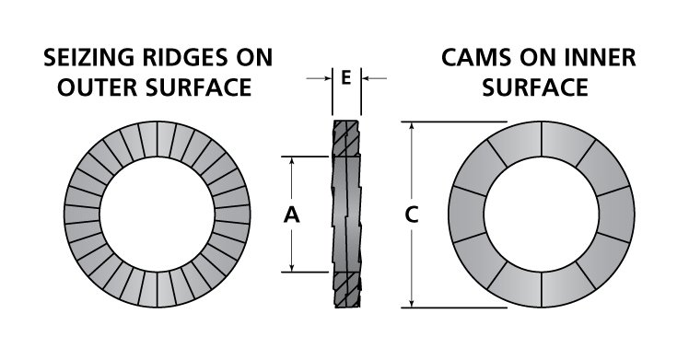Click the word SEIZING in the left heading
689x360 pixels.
point(84,58)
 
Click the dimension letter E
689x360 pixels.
point(345,78)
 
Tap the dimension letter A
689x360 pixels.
point(291,215)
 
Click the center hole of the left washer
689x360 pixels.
point(158,215)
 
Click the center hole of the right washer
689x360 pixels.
point(542,215)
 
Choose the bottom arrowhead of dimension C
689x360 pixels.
point(412,304)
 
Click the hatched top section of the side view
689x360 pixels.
point(344,138)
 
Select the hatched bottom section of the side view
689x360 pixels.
point(344,289)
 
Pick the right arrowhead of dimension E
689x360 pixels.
point(365,79)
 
